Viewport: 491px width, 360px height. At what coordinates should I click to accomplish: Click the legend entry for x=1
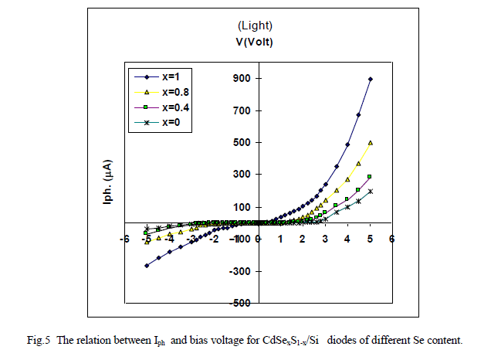pyautogui.click(x=171, y=76)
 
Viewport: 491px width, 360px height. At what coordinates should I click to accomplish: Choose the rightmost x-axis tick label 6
pyautogui.click(x=391, y=239)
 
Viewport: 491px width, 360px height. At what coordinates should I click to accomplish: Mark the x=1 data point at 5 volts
pyautogui.click(x=371, y=79)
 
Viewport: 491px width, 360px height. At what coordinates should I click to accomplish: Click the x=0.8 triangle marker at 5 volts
pyautogui.click(x=371, y=142)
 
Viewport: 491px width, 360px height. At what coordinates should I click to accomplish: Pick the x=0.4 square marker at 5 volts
pyautogui.click(x=370, y=176)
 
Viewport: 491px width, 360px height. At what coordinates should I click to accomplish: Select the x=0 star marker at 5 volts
pyautogui.click(x=370, y=191)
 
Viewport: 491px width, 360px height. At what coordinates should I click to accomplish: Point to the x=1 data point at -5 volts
pyautogui.click(x=147, y=266)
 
